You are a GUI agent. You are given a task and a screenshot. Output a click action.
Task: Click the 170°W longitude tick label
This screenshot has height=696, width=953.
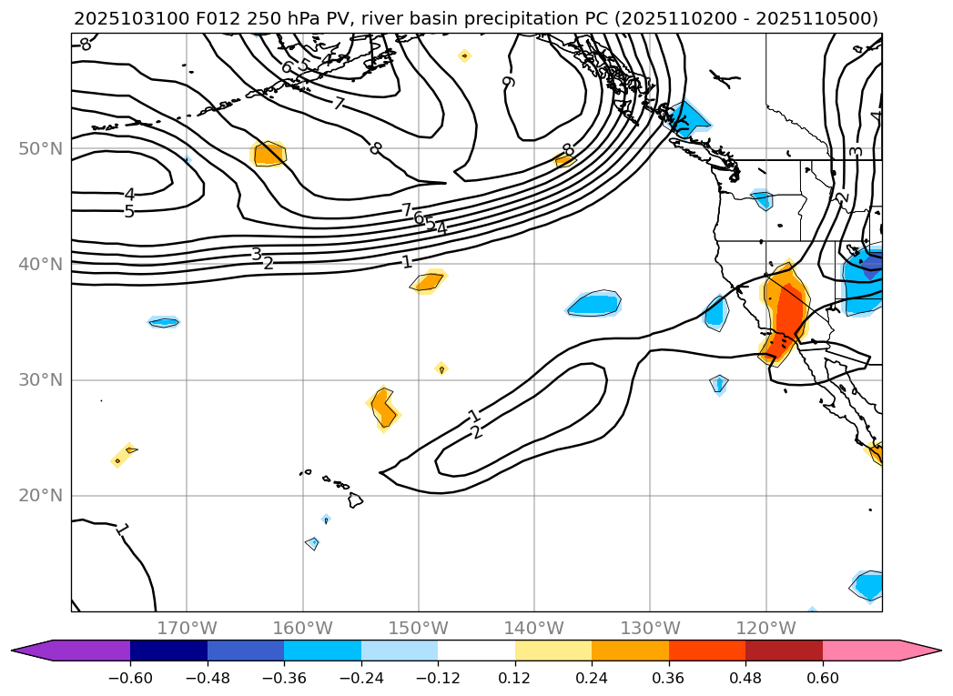187,628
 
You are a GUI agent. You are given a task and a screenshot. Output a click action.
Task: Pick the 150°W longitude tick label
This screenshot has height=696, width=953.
418,628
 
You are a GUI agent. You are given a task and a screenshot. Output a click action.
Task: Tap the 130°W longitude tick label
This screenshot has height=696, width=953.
649,628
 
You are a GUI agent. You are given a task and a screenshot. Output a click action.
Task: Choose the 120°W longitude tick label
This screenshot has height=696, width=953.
765,628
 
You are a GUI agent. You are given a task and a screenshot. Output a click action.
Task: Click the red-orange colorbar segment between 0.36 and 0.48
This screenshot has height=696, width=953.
706,650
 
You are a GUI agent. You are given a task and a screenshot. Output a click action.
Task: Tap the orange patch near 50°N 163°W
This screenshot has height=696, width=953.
269,153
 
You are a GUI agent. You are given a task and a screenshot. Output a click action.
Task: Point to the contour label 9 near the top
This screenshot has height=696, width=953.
509,82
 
